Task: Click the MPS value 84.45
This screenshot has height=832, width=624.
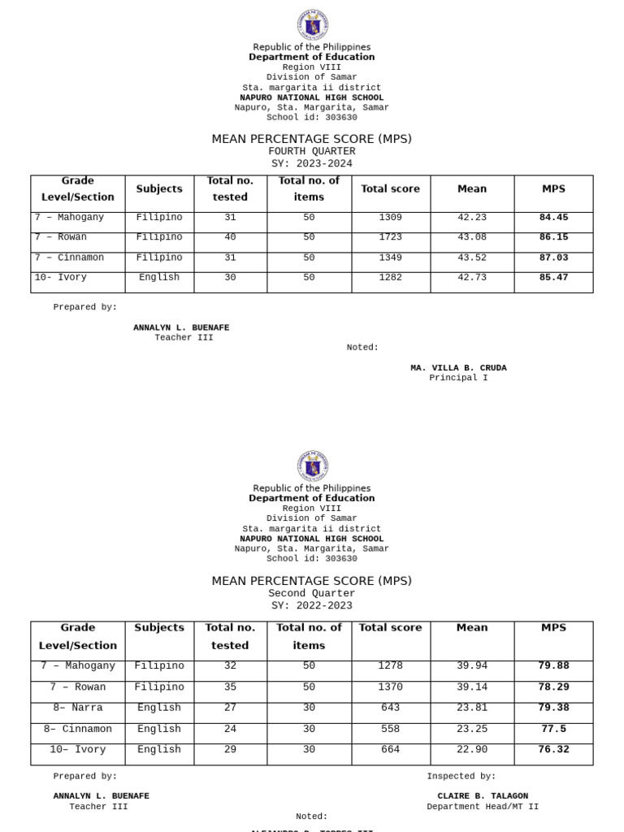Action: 553,218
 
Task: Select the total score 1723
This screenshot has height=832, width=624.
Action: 390,237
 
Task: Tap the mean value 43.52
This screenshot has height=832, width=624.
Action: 472,258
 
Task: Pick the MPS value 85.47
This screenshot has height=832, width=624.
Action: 553,278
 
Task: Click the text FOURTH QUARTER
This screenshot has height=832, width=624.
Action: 312,151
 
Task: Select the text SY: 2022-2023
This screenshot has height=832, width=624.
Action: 312,605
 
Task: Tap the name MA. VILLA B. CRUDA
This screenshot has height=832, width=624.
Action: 458,368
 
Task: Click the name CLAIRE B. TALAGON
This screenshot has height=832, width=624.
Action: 483,796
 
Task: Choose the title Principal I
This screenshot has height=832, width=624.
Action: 458,378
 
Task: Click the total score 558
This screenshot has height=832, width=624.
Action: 390,729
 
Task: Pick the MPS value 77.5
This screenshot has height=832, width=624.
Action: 553,729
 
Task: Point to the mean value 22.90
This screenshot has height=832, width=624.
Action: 472,749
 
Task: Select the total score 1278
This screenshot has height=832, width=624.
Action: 390,665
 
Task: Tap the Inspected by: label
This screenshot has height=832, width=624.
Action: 461,776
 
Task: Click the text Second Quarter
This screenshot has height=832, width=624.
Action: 312,593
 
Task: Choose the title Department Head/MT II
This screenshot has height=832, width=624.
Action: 483,807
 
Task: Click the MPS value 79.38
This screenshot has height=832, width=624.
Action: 553,708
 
